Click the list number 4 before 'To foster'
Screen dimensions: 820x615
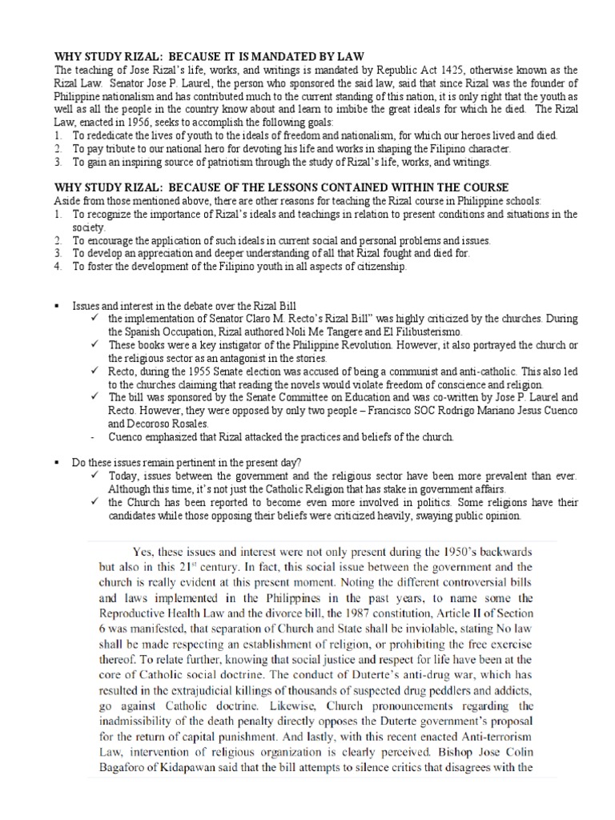coord(57,266)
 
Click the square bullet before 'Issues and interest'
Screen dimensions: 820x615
coord(57,306)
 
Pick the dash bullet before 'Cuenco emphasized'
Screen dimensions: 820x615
coord(93,436)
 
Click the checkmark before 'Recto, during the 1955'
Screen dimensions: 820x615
coord(93,371)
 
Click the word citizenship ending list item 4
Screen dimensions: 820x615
coord(379,266)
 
